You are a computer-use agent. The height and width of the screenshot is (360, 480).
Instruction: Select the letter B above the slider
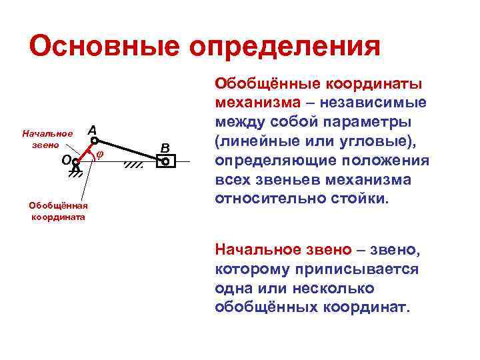coord(165,147)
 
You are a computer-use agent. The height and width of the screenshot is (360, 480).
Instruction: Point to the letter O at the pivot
coord(65,159)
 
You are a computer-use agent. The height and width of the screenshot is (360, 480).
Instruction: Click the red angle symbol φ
coord(99,155)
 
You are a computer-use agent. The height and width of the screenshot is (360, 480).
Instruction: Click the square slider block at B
coord(165,161)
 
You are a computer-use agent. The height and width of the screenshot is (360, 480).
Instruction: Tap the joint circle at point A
coord(95,141)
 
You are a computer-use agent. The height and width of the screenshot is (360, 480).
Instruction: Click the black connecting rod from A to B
coord(130,151)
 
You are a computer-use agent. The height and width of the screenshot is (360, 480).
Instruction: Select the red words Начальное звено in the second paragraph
coord(283,250)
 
